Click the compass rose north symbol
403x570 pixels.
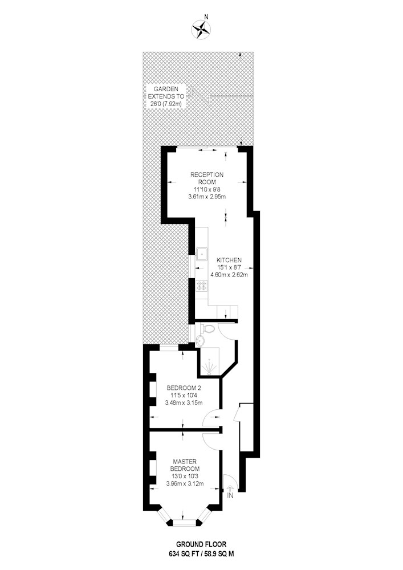click(201, 29)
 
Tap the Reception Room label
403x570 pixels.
click(207, 178)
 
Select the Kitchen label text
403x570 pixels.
click(229, 260)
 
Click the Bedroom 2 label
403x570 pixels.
click(184, 388)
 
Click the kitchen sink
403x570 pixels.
click(201, 253)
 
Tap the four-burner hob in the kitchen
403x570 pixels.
click(201, 286)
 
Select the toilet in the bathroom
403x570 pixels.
click(206, 329)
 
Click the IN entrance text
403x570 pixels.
click(230, 495)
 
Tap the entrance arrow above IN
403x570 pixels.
click(230, 488)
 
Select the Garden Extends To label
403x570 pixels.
click(165, 96)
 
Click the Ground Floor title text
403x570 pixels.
click(201, 544)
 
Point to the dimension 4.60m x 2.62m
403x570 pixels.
click(229, 275)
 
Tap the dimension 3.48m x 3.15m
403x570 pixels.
click(184, 402)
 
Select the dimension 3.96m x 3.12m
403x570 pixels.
click(185, 483)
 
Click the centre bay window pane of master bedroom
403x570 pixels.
click(184, 522)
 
